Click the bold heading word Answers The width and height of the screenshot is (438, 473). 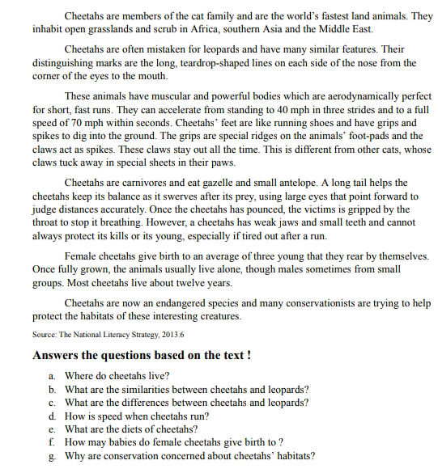point(57,354)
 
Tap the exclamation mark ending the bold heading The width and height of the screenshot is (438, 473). point(247,354)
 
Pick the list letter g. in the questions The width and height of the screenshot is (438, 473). point(53,457)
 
